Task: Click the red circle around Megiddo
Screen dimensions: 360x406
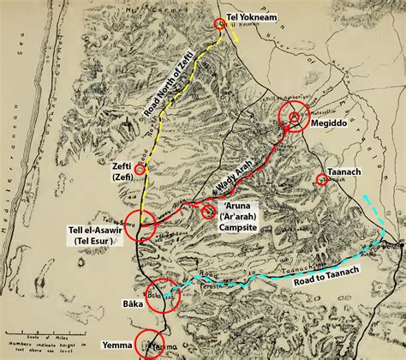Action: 294,117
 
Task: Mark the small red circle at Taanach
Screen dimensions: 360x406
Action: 321,179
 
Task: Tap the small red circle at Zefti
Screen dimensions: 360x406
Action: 140,170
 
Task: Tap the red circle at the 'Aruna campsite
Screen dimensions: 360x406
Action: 208,209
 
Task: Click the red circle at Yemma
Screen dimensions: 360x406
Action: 150,344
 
